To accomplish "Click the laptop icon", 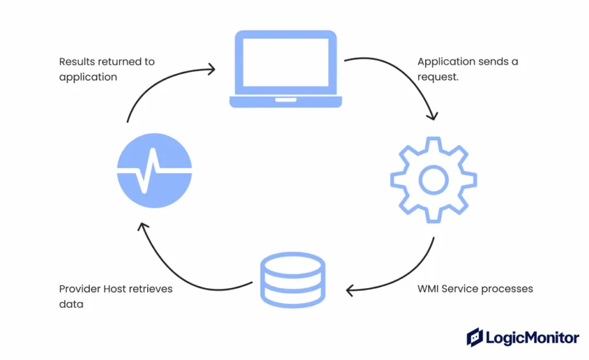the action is [285, 69].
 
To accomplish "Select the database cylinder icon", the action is [293, 280].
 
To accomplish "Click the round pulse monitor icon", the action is [154, 170].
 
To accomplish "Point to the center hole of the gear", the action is [434, 180].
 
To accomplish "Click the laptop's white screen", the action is [285, 62].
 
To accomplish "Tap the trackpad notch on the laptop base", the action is [285, 100].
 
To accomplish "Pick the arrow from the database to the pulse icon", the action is [177, 274].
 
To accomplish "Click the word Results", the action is [77, 62].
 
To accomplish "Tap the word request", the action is [438, 77].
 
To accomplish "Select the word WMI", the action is [428, 289].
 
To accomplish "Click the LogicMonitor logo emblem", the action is [475, 337].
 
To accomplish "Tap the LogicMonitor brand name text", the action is [533, 338].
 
